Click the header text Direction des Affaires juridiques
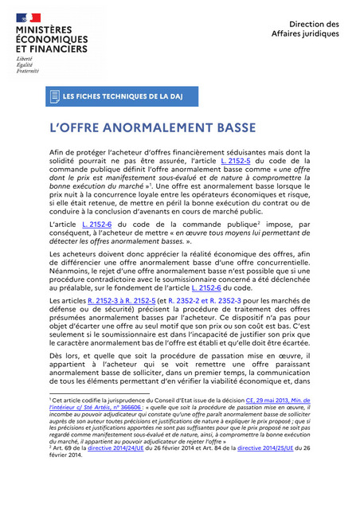pyautogui.click(x=314, y=29)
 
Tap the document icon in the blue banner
pyautogui.click(x=55, y=96)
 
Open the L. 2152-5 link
pyautogui.click(x=237, y=160)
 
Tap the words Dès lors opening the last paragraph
pyautogui.click(x=65, y=356)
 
